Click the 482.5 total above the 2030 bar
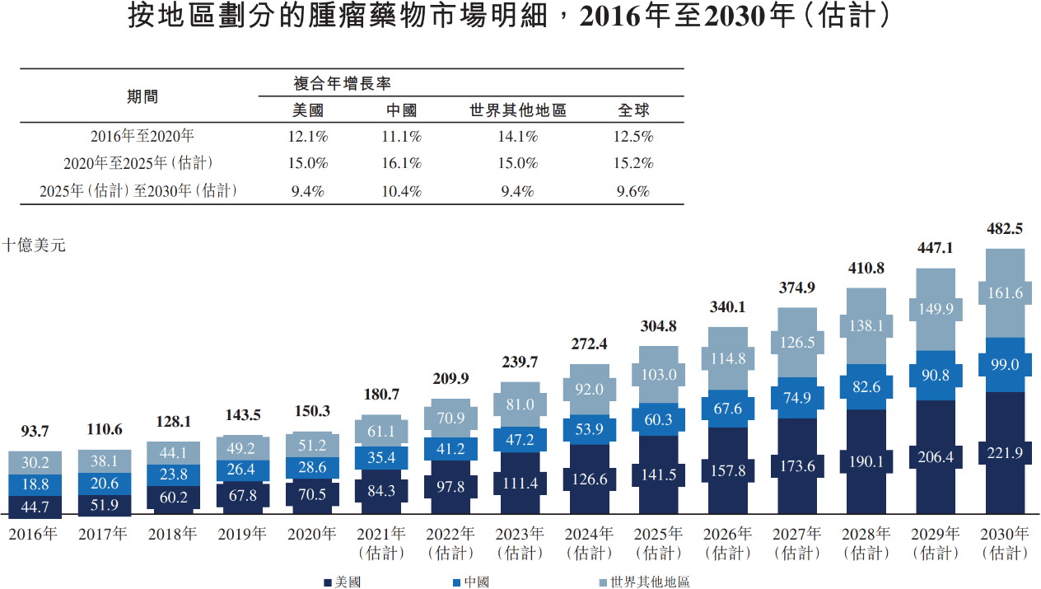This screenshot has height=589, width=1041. point(1005,229)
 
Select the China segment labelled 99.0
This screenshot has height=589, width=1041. point(1005,364)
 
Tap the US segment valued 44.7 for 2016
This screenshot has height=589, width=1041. point(35,506)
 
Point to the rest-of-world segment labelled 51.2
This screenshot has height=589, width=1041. point(313,446)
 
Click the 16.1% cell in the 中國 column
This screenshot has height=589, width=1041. point(402,163)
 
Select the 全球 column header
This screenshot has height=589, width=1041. point(634,110)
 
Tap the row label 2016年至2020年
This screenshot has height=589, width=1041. point(142,136)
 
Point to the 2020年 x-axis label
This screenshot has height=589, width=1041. point(311,534)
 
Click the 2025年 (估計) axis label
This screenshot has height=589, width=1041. point(659,543)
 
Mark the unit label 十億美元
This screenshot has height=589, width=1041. point(34,245)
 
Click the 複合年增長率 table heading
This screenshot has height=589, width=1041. point(342,84)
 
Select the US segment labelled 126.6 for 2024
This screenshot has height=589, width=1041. point(590,479)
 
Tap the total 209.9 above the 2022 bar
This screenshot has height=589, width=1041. point(450,378)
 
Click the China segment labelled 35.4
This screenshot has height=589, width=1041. point(382,457)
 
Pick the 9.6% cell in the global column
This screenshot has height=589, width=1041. point(634,191)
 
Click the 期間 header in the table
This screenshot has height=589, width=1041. point(142,96)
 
